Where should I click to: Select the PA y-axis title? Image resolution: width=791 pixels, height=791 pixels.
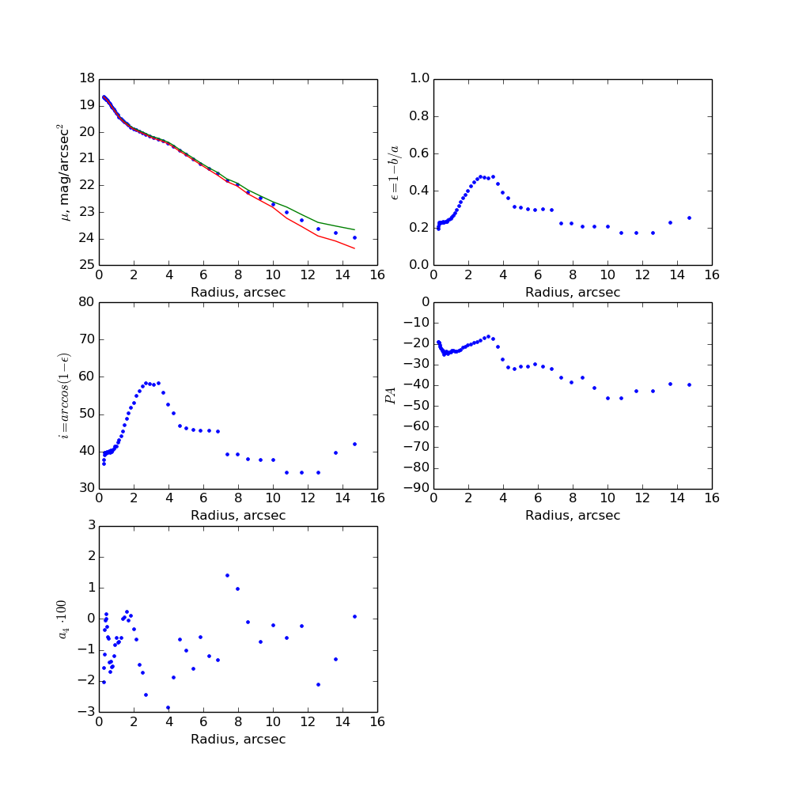click(x=390, y=395)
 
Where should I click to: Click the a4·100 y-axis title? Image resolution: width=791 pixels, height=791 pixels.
click(x=63, y=618)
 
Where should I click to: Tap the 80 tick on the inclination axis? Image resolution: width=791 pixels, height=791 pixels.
click(x=85, y=302)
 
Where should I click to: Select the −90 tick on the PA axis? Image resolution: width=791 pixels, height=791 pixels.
click(x=414, y=488)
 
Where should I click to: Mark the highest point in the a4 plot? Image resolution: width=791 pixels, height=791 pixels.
click(x=227, y=575)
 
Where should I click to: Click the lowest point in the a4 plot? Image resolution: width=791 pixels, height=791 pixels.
click(x=168, y=707)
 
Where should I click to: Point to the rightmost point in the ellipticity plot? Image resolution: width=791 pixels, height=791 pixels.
click(x=689, y=218)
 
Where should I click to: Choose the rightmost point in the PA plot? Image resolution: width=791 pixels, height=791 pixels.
click(x=689, y=384)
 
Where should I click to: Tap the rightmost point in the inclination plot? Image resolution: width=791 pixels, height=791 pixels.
click(x=354, y=444)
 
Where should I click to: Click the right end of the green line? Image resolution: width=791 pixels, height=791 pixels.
click(x=354, y=229)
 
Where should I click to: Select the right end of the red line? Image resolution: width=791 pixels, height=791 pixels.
click(x=354, y=248)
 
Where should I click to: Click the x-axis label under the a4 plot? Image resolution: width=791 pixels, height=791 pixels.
click(x=238, y=740)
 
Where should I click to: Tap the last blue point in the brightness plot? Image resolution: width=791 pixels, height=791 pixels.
click(x=354, y=237)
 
